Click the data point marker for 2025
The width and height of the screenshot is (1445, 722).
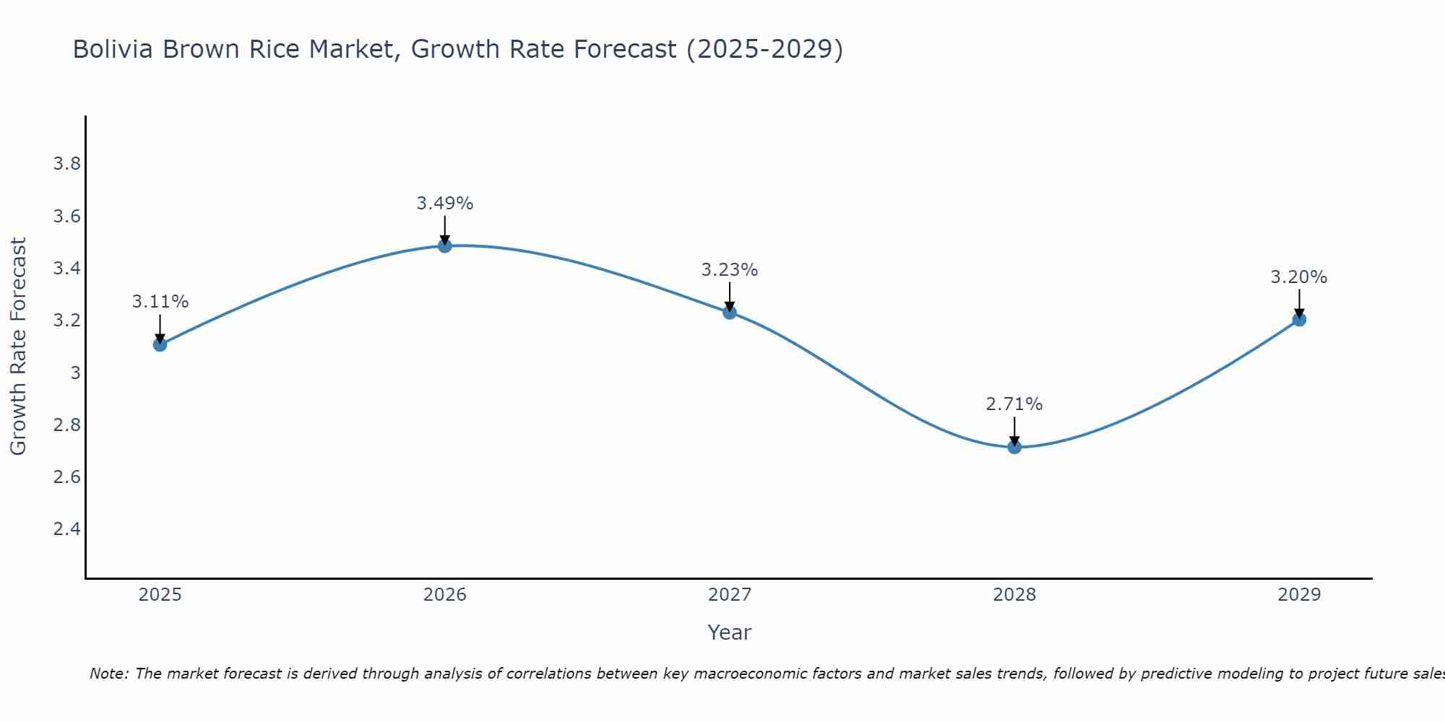tap(160, 344)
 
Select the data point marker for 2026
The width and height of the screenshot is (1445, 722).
tap(445, 246)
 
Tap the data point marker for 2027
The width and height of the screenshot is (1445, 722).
tap(730, 313)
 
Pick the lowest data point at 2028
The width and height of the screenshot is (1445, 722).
tap(1014, 447)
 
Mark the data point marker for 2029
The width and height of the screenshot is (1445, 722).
tap(1299, 319)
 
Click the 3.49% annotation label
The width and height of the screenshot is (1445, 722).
tap(445, 204)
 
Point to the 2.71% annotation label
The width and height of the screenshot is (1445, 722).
tap(1014, 404)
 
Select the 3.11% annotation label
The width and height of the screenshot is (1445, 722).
tap(160, 302)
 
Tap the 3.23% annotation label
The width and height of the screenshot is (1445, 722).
tap(730, 270)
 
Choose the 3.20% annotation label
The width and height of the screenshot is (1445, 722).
tap(1299, 277)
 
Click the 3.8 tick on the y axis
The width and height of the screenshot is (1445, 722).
tap(66, 164)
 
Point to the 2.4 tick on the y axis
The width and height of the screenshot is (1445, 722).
tap(66, 529)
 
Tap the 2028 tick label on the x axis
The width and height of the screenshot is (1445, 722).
tap(1014, 595)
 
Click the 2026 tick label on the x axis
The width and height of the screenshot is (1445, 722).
tap(445, 595)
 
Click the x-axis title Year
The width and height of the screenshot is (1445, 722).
tap(730, 632)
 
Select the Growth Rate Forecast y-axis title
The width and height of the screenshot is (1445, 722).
tap(18, 347)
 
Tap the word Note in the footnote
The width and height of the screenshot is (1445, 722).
tap(108, 674)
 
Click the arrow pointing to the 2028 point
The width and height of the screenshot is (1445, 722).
tap(1014, 432)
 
